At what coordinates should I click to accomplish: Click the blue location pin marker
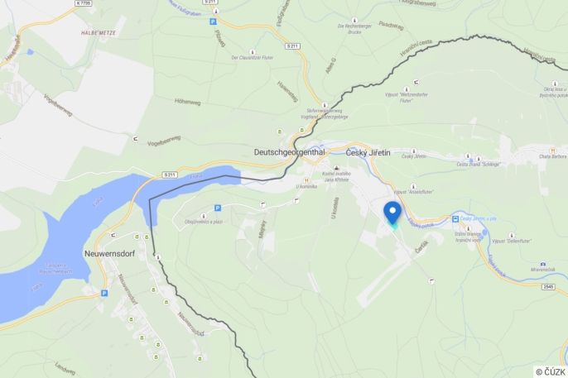(392, 211)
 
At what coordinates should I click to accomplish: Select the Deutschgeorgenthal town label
(289, 152)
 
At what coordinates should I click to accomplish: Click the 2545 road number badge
(547, 286)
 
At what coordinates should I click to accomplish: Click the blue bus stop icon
(455, 218)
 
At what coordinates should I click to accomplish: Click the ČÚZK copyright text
(551, 371)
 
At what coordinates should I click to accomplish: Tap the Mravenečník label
(542, 270)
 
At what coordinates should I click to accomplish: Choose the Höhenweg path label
(188, 103)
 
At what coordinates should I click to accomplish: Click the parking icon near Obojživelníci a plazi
(217, 208)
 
